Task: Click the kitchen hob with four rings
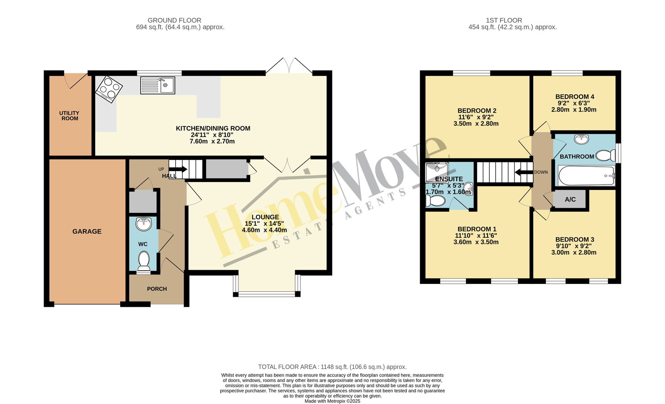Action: pos(108,89)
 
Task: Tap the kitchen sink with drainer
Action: pos(158,86)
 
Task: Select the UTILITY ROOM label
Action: pos(69,116)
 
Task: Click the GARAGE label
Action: pos(87,231)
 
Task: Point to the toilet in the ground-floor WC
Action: pos(144,261)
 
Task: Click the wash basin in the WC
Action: pos(144,224)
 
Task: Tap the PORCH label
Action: pos(157,289)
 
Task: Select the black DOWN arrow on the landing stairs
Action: pos(524,172)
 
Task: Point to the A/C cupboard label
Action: pos(570,200)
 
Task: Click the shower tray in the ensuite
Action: pos(437,172)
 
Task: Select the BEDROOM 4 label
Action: pos(575,97)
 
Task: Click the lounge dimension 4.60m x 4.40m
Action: pos(264,230)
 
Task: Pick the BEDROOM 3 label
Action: pos(575,239)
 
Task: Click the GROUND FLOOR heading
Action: pos(174,20)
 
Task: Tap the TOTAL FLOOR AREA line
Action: pos(332,367)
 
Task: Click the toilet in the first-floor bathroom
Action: pos(605,155)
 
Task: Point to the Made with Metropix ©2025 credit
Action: pos(332,401)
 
